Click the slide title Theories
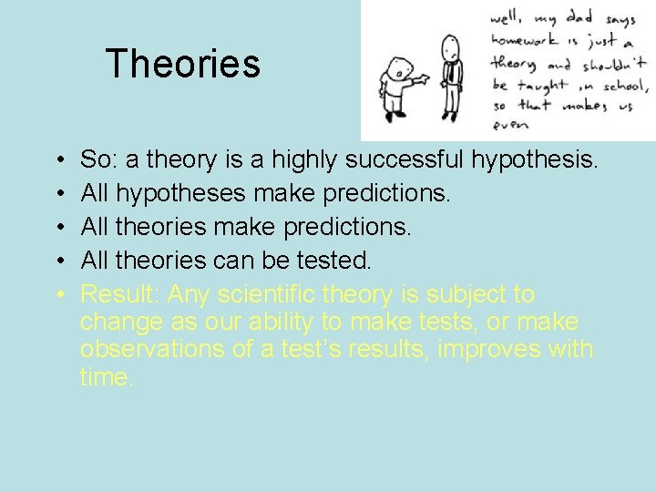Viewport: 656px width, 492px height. click(x=182, y=64)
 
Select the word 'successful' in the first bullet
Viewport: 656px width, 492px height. click(x=402, y=160)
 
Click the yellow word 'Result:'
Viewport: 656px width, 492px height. click(x=120, y=294)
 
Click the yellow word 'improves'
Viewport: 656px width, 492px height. click(x=512, y=349)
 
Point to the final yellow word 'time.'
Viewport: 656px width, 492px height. click(x=107, y=376)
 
